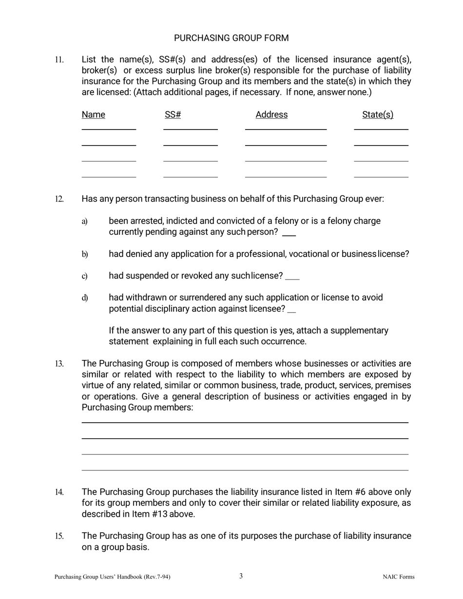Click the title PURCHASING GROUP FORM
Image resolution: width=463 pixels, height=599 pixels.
point(231,38)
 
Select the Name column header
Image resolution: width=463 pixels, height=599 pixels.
point(93,114)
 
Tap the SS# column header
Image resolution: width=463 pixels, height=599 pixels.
point(173,114)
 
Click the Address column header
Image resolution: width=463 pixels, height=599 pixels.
point(271,114)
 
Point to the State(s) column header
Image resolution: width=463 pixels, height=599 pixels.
point(378,114)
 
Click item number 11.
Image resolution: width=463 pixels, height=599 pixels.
point(59,60)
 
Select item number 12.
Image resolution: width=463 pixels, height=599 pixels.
point(59,199)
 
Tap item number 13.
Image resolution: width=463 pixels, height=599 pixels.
point(59,364)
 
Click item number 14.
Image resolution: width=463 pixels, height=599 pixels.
point(59,492)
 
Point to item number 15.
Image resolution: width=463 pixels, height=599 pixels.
point(59,536)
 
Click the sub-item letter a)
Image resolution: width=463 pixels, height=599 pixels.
point(85,222)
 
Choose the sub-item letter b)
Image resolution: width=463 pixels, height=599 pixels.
point(85,254)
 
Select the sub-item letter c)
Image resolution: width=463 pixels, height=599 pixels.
point(85,277)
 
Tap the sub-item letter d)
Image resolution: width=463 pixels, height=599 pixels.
point(85,298)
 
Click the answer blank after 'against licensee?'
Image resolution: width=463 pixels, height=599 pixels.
point(292,310)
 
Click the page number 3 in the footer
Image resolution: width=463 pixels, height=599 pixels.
point(241,576)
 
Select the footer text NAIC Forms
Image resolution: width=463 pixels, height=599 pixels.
point(398,577)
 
